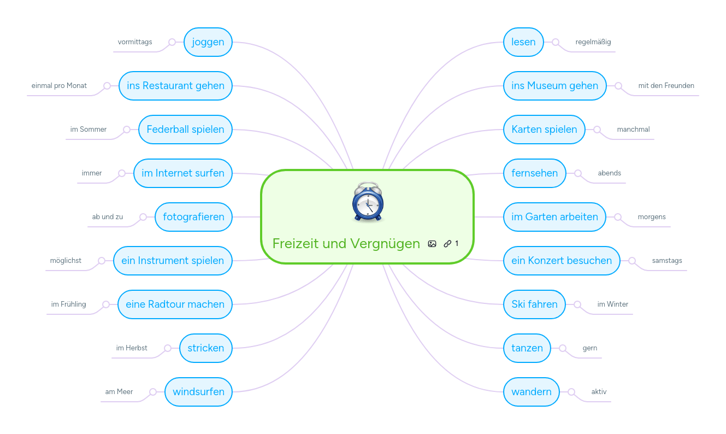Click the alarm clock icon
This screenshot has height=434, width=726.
(x=368, y=202)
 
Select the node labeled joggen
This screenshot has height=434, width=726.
(x=208, y=42)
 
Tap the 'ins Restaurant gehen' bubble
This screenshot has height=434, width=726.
(x=176, y=86)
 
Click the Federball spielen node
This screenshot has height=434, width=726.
(x=185, y=130)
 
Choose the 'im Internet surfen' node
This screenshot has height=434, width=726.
(x=183, y=173)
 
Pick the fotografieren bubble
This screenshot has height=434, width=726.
(x=193, y=217)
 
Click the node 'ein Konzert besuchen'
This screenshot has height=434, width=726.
(x=562, y=261)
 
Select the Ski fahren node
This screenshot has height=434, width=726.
(x=534, y=304)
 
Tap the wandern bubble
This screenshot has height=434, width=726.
(x=532, y=392)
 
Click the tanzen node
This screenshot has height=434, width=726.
(x=527, y=348)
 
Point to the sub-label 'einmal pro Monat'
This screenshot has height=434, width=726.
(x=59, y=86)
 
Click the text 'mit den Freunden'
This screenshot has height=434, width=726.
(x=666, y=86)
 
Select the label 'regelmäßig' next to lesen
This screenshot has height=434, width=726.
(x=593, y=42)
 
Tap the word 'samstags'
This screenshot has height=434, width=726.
(x=667, y=261)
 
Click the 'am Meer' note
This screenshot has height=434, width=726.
(x=119, y=391)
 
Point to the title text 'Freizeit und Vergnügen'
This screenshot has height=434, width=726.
(x=346, y=244)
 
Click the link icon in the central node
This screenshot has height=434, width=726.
(x=447, y=244)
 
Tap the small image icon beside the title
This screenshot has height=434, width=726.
(x=432, y=244)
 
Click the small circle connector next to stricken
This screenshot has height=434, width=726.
(x=168, y=348)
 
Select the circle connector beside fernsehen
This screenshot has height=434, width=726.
(x=578, y=173)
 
